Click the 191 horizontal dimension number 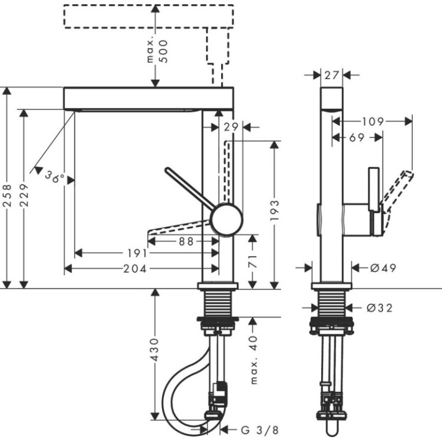pyautogui.click(x=137, y=253)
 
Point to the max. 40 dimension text pyautogui.click(x=253, y=363)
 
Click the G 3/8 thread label pyautogui.click(x=254, y=429)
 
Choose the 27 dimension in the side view pyautogui.click(x=332, y=75)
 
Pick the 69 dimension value pyautogui.click(x=357, y=138)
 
